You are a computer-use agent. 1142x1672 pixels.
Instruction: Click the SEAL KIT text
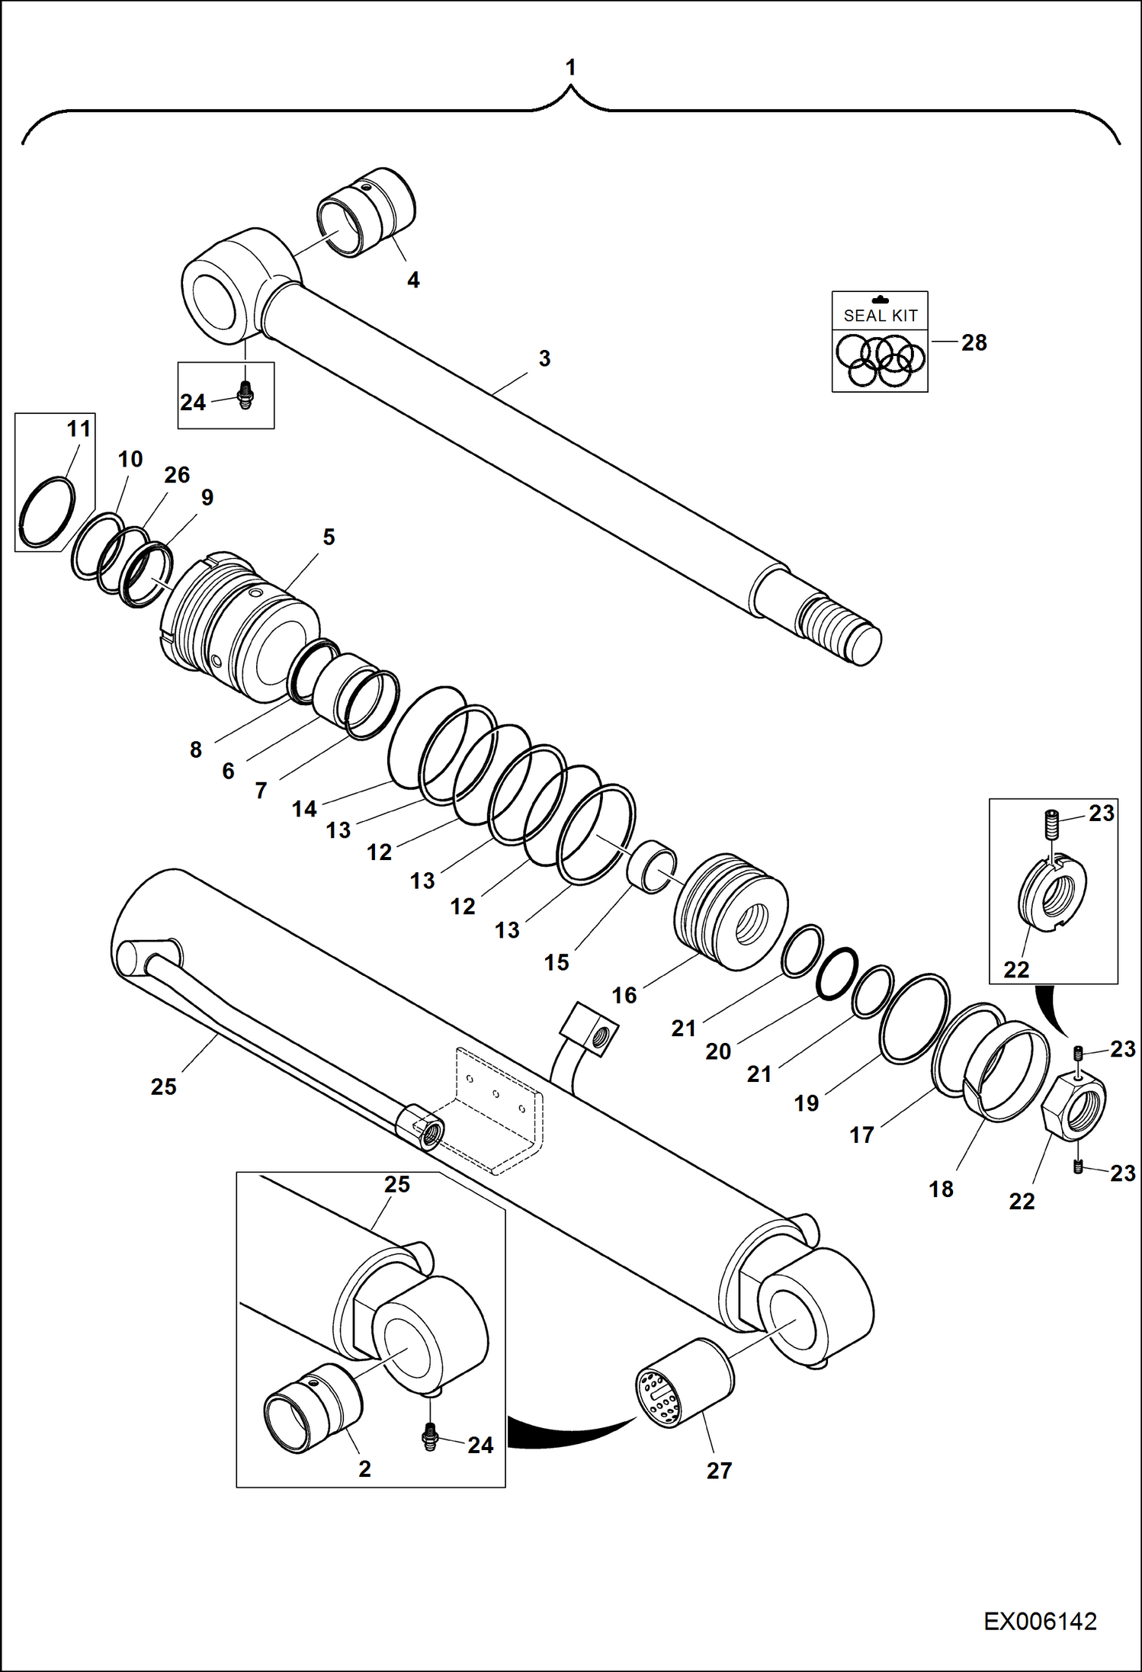coord(880,315)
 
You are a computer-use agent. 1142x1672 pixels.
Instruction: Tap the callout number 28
coord(974,343)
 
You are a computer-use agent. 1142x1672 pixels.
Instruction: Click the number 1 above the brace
coord(570,68)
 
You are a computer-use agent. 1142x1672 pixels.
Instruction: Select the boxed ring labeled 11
coord(47,512)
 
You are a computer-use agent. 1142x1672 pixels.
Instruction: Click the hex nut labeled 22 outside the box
coord(1073,1102)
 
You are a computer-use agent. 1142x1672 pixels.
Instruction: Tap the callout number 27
coord(719,1471)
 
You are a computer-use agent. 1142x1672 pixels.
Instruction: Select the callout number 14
coord(304,809)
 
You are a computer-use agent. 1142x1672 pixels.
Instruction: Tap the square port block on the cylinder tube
coord(589,1029)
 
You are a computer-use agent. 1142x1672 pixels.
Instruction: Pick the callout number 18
coord(941,1189)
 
